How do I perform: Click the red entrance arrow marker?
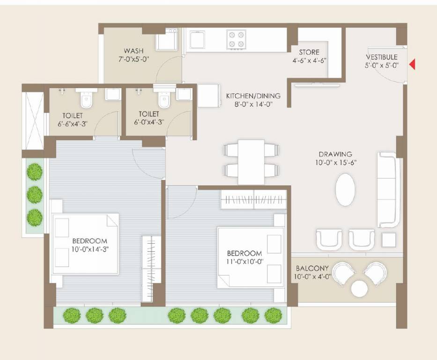click(x=412, y=65)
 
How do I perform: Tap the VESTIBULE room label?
click(x=382, y=57)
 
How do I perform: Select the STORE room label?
click(x=309, y=52)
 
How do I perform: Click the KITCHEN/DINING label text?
click(x=253, y=96)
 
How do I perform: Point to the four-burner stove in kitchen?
click(x=237, y=39)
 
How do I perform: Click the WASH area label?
click(x=133, y=51)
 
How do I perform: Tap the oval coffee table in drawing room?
click(x=345, y=190)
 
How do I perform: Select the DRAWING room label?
click(x=335, y=154)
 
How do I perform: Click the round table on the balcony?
click(x=359, y=288)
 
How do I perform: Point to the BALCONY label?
click(x=312, y=269)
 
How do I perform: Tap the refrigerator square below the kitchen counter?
click(x=208, y=96)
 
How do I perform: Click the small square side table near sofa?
click(x=388, y=240)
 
